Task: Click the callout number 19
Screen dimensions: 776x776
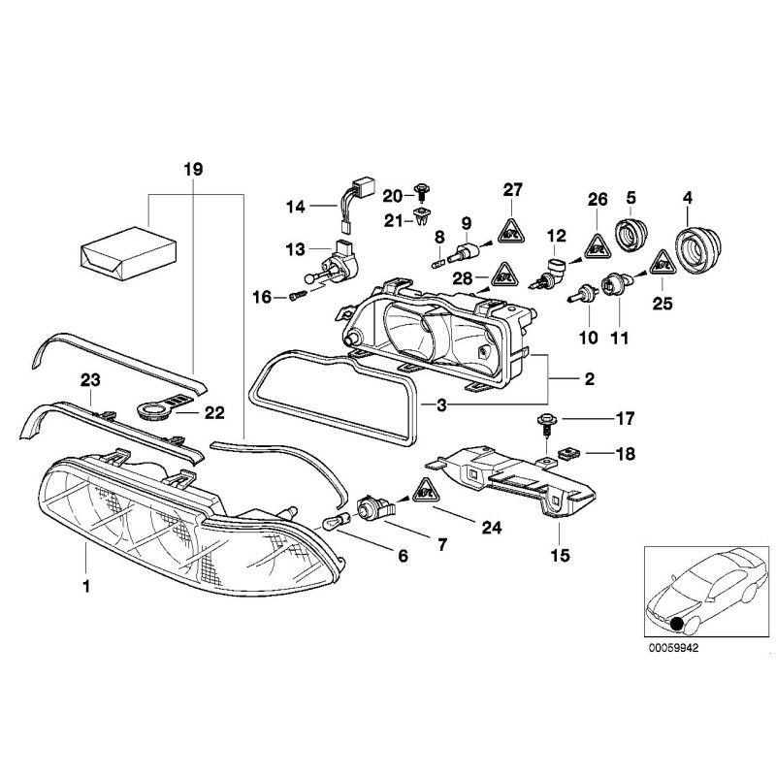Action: (x=193, y=169)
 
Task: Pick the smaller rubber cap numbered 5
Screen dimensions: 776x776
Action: (x=630, y=236)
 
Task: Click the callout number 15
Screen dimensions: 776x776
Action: (x=560, y=557)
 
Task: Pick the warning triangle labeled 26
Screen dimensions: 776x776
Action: (x=598, y=246)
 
